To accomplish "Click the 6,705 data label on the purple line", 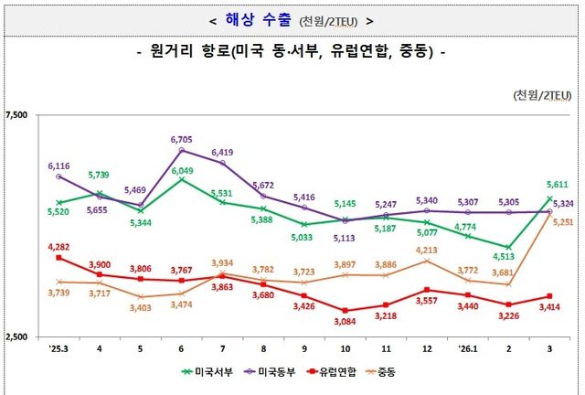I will pyautogui.click(x=181, y=139).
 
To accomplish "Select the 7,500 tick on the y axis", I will pyautogui.click(x=16, y=115).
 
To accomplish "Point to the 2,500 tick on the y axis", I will pyautogui.click(x=16, y=337).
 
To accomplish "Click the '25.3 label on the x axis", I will pyautogui.click(x=58, y=348).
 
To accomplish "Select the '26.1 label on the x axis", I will pyautogui.click(x=467, y=348).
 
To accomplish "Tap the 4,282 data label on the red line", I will pyautogui.click(x=59, y=246).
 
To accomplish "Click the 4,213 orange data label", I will pyautogui.click(x=427, y=250).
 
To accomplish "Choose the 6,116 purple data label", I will pyautogui.click(x=59, y=165).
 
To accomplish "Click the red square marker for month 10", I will pyautogui.click(x=346, y=311).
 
